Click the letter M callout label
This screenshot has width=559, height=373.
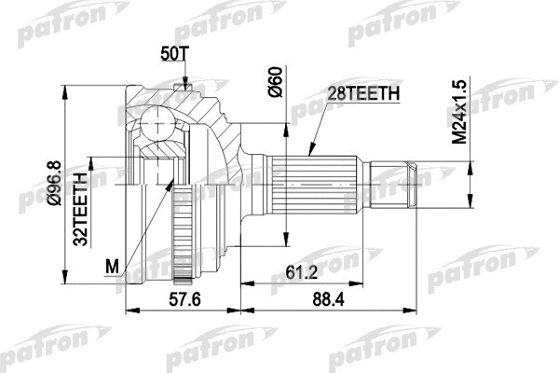112,269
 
